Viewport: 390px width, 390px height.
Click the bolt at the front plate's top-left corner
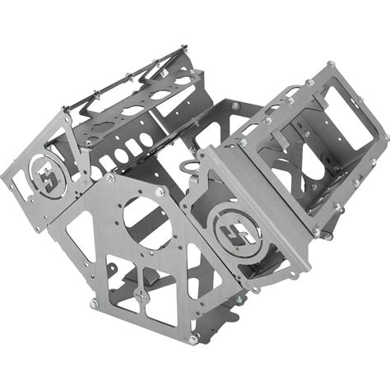(x=110, y=178)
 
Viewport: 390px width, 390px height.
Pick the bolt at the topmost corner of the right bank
(x=331, y=64)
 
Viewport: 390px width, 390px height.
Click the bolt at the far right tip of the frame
(x=385, y=136)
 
